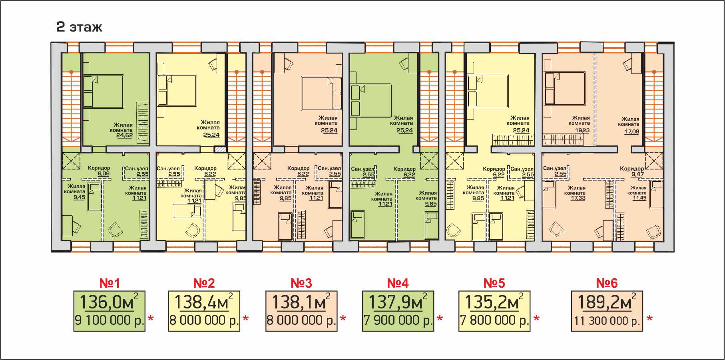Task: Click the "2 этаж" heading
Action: click(79, 27)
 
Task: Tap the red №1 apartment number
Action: click(110, 283)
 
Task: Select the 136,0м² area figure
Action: click(109, 302)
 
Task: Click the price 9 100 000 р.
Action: click(109, 320)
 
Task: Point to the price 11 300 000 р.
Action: click(607, 320)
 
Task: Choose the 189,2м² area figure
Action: click(607, 302)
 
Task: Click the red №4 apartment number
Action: click(398, 283)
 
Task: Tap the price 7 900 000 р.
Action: click(398, 320)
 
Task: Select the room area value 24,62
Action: click(124, 135)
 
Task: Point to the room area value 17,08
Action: click(631, 131)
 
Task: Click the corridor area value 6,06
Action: click(104, 174)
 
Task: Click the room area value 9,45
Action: click(79, 197)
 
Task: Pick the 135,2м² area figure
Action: click(494, 302)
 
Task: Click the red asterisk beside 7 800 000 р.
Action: click(537, 318)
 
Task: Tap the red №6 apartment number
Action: click(607, 283)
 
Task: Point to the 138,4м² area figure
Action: click(204, 302)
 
